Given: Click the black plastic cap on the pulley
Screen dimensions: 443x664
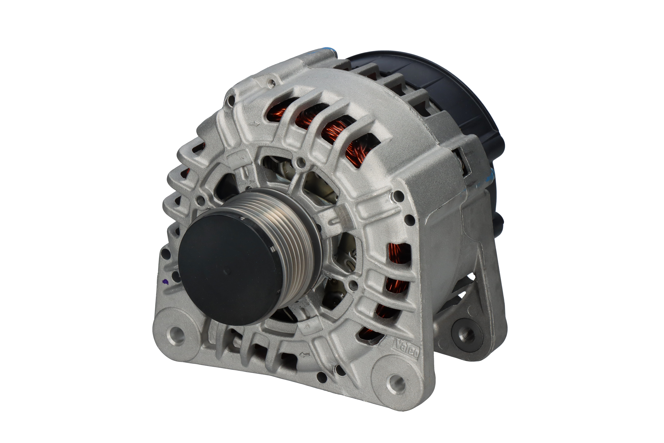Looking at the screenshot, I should pyautogui.click(x=226, y=270).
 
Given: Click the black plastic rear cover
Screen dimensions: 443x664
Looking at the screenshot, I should pyautogui.click(x=440, y=93).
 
